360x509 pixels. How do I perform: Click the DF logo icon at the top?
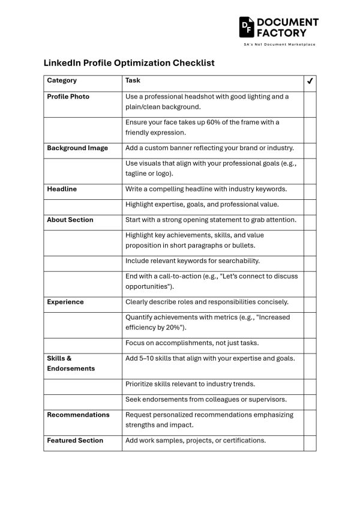coord(247,28)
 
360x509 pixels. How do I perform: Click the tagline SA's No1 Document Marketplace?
coord(279,44)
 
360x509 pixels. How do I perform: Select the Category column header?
coord(62,80)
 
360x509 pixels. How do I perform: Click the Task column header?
coord(133,80)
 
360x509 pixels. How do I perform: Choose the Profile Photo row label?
coord(68,97)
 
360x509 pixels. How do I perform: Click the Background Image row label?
coord(77,148)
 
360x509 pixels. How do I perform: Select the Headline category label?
coord(62,189)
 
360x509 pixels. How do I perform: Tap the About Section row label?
coord(70,220)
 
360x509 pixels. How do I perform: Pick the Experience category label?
coord(65,302)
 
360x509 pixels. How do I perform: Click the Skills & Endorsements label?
coord(71,363)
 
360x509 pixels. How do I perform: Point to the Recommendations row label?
coord(78,415)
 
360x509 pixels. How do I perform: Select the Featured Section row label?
coord(75,441)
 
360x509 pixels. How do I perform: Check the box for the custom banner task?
coord(310,148)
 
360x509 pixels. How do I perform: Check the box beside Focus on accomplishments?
coord(310,344)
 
